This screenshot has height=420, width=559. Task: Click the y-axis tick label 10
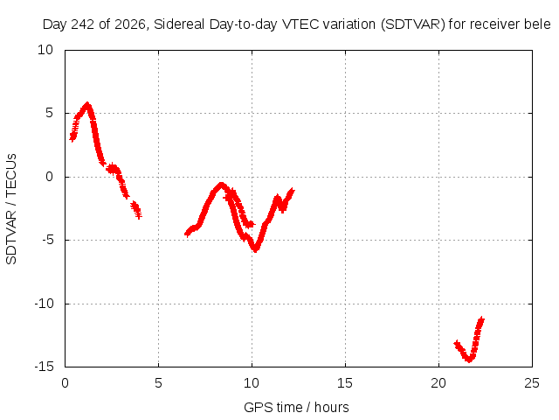pyautogui.click(x=45, y=50)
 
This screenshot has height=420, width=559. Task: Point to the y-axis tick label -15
pyautogui.click(x=44, y=367)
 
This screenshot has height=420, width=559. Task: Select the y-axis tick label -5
pyautogui.click(x=47, y=240)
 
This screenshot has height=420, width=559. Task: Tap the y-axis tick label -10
pyautogui.click(x=44, y=304)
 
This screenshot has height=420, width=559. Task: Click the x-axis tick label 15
pyautogui.click(x=345, y=383)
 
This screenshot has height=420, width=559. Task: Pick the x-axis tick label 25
pyautogui.click(x=532, y=383)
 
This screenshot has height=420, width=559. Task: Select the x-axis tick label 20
pyautogui.click(x=438, y=383)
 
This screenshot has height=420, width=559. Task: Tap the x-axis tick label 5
pyautogui.click(x=158, y=383)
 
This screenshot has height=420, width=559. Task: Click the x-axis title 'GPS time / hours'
pyautogui.click(x=296, y=407)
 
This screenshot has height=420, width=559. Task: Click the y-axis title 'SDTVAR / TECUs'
pyautogui.click(x=11, y=209)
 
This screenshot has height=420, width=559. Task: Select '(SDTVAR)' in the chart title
pyautogui.click(x=413, y=24)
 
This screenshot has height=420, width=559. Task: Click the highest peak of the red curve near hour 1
pyautogui.click(x=86, y=104)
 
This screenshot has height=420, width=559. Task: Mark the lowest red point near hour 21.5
pyautogui.click(x=469, y=360)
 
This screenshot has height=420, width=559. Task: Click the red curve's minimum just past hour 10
pyautogui.click(x=255, y=249)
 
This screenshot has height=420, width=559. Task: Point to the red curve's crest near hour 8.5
pyautogui.click(x=221, y=185)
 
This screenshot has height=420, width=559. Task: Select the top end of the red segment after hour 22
pyautogui.click(x=481, y=318)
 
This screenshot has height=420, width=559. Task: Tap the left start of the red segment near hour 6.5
pyautogui.click(x=186, y=234)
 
